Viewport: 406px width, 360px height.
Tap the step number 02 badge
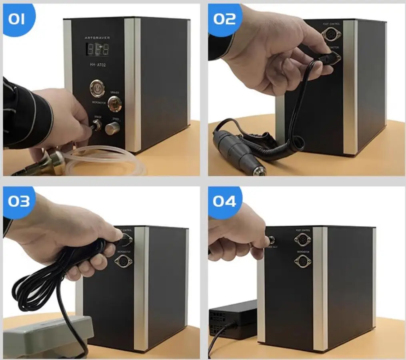click(x=224, y=18)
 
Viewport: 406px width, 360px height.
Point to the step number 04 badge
click(x=224, y=201)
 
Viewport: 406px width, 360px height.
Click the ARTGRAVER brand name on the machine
click(x=97, y=37)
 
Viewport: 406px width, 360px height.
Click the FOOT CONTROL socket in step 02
click(x=330, y=35)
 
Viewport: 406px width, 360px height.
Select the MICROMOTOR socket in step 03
click(x=123, y=261)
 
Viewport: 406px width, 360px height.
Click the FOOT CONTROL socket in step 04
click(x=302, y=240)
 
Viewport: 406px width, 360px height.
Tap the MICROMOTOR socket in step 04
click(x=302, y=260)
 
